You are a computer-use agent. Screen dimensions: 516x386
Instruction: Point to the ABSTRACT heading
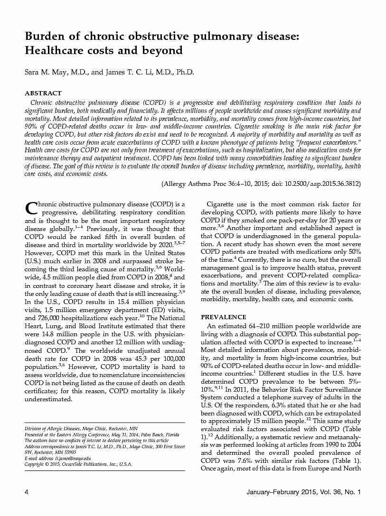point(43,93)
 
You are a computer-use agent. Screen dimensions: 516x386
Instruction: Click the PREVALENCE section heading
point(224,317)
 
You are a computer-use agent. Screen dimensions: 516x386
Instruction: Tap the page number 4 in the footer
point(26,492)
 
